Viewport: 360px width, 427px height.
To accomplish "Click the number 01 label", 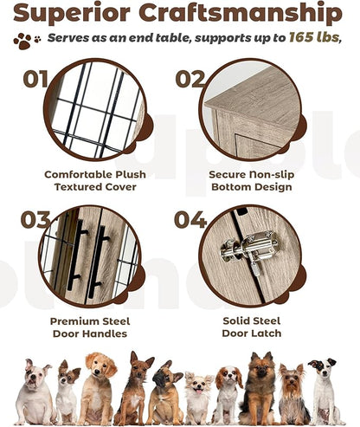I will pos(35,80).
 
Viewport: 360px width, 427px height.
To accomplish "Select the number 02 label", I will pos(190,80).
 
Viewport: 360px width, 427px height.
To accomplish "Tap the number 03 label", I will pos(35,220).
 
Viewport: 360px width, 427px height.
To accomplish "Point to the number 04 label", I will pos(190,220).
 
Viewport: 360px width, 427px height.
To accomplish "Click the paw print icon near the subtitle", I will pos(27,40).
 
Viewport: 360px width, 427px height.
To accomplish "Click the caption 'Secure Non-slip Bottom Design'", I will pos(249,180).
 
